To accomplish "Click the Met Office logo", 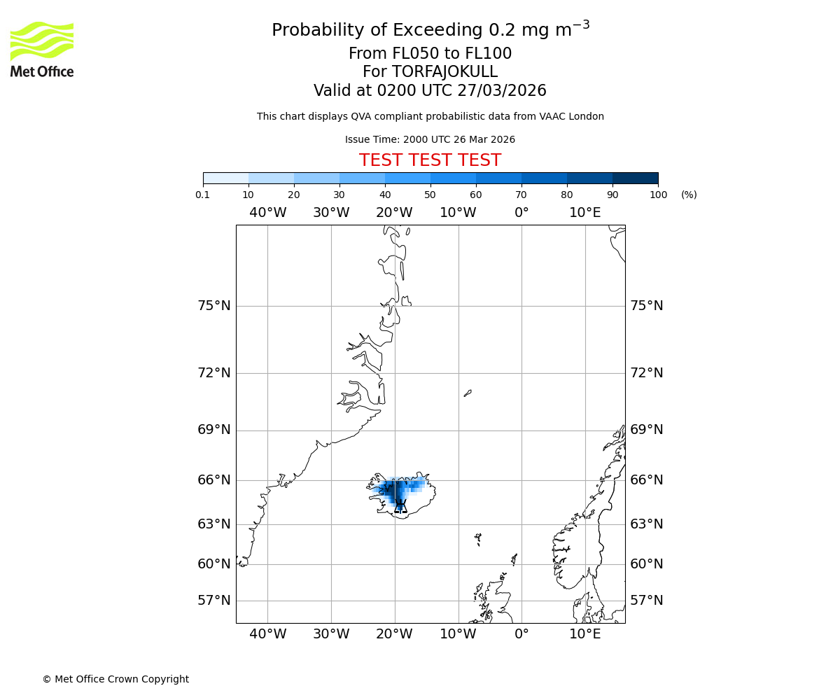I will (42, 49).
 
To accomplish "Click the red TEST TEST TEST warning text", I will (430, 161).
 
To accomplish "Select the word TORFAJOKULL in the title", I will (444, 72).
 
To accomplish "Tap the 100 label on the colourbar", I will (658, 195).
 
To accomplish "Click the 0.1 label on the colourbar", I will (203, 195).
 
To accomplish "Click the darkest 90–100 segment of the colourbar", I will (635, 178).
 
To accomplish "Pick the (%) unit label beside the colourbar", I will (689, 195).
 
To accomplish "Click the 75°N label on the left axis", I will (214, 306).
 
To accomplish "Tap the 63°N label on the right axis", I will (647, 524).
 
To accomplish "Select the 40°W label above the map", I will (267, 213).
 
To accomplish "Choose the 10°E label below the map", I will (585, 634).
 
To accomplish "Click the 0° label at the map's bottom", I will (521, 634).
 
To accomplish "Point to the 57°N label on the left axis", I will (214, 601).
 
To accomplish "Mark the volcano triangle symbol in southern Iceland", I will (400, 506).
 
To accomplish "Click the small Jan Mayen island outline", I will (468, 393).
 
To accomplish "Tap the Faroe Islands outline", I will (478, 539).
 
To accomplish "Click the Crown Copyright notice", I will (115, 679).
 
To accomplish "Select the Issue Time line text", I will (430, 140).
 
